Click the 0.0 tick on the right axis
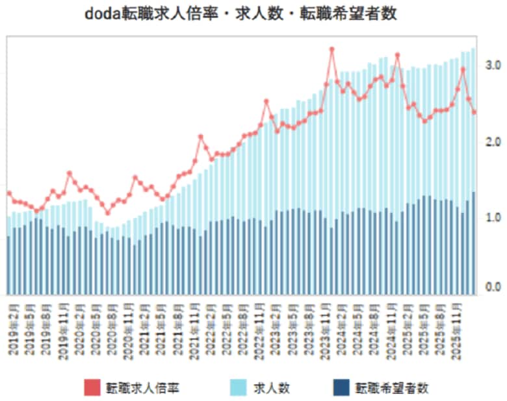492,287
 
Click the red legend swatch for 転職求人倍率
92,387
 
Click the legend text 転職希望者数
392,388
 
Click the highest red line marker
331,49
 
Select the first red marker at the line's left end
9,193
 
